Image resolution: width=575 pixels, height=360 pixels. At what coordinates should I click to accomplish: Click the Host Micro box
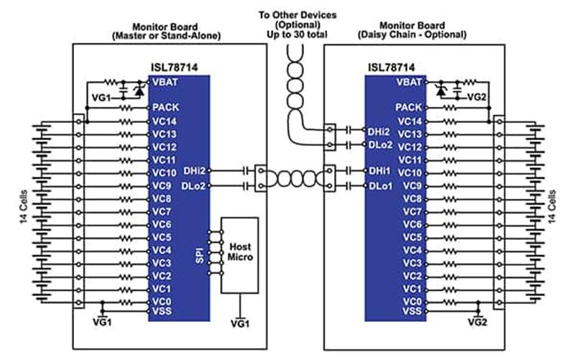click(x=239, y=255)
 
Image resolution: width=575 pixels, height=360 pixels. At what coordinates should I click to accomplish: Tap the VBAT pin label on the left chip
click(x=165, y=82)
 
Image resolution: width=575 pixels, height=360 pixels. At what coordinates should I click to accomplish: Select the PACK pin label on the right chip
click(x=408, y=107)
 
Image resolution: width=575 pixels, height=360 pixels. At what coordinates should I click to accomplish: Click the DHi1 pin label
click(x=380, y=171)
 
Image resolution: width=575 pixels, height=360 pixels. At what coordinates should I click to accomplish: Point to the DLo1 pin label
click(x=380, y=186)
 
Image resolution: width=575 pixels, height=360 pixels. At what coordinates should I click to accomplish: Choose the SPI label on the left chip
click(x=200, y=256)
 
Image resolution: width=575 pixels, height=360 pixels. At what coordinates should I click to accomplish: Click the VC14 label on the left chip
click(x=165, y=121)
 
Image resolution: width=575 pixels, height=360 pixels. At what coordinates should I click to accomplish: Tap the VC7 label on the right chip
click(x=413, y=211)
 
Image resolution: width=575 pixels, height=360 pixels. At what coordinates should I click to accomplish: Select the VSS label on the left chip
click(x=162, y=311)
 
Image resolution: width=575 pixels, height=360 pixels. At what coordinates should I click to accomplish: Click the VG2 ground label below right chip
click(x=478, y=322)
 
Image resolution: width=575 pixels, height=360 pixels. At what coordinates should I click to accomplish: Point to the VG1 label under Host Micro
click(x=240, y=323)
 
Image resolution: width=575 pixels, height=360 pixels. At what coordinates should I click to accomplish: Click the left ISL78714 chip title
click(x=174, y=68)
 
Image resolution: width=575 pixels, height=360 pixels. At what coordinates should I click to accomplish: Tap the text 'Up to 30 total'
click(x=297, y=34)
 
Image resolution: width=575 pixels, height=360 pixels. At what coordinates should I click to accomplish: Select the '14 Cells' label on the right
click(x=552, y=206)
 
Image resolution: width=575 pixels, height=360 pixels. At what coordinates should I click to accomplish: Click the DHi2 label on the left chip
click(x=194, y=171)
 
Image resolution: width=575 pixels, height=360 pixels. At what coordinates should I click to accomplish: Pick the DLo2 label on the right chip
click(x=380, y=145)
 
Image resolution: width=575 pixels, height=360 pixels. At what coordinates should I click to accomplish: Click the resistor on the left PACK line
click(x=126, y=108)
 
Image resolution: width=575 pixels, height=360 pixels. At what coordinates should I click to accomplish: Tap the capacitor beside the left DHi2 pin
click(x=246, y=171)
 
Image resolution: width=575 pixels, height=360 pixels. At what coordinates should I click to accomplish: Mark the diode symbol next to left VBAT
click(x=139, y=90)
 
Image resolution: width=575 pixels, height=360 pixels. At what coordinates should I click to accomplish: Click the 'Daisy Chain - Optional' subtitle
click(x=412, y=34)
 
